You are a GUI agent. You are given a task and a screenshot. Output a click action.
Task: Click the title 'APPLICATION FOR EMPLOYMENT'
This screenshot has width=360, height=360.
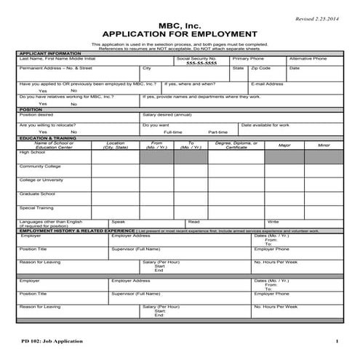pyautogui.click(x=180, y=33)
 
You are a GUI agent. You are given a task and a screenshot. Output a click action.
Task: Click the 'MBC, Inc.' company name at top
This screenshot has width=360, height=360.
pyautogui.click(x=180, y=23)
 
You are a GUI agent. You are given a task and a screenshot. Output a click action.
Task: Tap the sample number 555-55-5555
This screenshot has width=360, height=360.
pyautogui.click(x=201, y=63)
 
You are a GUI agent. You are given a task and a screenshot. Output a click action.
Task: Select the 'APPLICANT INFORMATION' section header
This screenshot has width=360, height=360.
pyautogui.click(x=50, y=53)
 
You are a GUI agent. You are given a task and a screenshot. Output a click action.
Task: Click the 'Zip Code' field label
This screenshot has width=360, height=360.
pyautogui.click(x=260, y=68)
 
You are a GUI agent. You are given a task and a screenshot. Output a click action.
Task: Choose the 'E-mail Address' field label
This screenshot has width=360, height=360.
pyautogui.click(x=267, y=84)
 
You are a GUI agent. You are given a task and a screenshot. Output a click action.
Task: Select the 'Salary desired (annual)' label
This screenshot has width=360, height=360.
pyautogui.click(x=167, y=114)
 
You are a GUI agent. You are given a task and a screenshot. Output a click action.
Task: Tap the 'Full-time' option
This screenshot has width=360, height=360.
pyautogui.click(x=173, y=132)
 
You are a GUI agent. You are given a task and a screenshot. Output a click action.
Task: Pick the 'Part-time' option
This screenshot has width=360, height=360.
pyautogui.click(x=217, y=132)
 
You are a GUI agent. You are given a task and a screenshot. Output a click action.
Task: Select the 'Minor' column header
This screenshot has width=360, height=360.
pyautogui.click(x=324, y=145)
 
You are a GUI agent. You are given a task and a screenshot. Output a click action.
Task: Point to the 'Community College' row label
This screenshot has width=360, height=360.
pyautogui.click(x=40, y=166)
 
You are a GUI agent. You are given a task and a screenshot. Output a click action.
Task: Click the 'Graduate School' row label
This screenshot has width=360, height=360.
pyautogui.click(x=37, y=193)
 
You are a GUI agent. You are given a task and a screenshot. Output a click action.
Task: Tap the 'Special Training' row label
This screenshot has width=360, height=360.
pyautogui.click(x=36, y=207)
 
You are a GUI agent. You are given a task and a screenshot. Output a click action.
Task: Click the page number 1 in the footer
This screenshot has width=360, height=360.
pyautogui.click(x=337, y=340)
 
